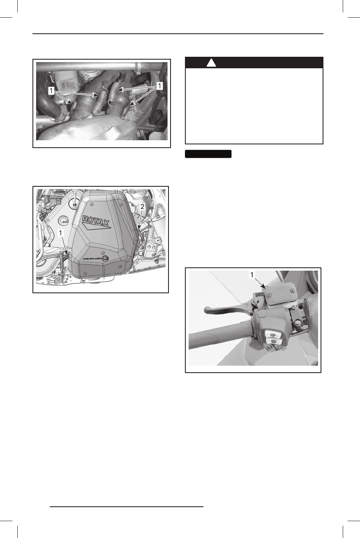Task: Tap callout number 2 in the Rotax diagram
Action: click(x=143, y=207)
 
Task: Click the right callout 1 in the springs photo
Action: click(x=159, y=86)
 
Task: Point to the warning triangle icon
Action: click(x=211, y=63)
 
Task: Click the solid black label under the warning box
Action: click(x=208, y=154)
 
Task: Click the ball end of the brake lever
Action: click(x=207, y=309)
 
